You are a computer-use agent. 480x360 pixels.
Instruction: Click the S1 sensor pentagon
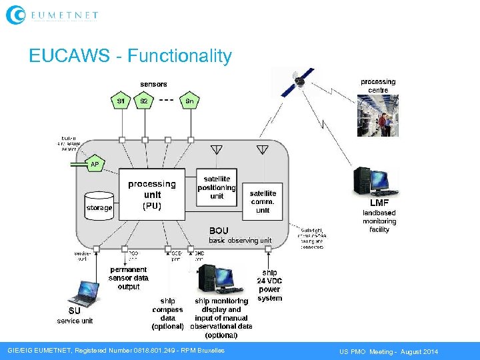coord(121,101)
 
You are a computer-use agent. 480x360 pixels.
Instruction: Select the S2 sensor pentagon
coord(143,101)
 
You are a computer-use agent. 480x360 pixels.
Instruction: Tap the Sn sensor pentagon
coord(190,101)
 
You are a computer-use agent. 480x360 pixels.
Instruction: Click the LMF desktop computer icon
coord(371,181)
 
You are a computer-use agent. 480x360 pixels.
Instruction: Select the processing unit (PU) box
coord(152,194)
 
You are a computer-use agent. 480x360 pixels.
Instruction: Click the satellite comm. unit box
coord(263,201)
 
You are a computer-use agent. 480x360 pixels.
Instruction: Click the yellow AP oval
coord(95,164)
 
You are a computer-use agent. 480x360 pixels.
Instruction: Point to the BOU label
coord(219,231)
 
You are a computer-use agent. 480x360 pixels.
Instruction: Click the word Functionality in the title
coord(179,56)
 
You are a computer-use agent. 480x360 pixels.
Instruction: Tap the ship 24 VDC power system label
coord(269,285)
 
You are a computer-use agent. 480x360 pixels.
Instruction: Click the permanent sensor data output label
coord(129,278)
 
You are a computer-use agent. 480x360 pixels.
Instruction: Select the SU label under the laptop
coord(74,311)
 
